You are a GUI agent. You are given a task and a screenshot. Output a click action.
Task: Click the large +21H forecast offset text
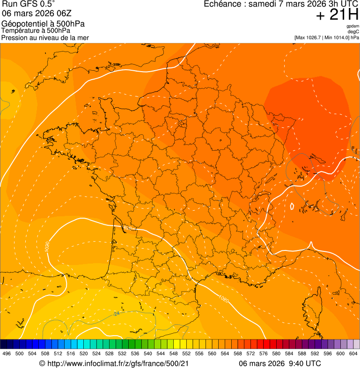(337, 15)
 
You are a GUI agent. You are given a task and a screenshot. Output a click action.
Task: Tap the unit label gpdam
(353, 26)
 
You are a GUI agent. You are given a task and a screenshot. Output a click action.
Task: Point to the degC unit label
(353, 31)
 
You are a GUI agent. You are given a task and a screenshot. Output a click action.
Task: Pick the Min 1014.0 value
(336, 37)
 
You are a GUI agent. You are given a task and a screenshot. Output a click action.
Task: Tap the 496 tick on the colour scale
(7, 354)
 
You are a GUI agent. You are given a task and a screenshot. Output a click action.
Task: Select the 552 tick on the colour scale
(186, 354)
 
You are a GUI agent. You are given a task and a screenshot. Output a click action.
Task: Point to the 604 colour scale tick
(353, 354)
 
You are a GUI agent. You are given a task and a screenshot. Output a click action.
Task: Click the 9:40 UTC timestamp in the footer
(304, 363)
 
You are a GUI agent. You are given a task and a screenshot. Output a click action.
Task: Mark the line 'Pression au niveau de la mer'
(45, 37)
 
